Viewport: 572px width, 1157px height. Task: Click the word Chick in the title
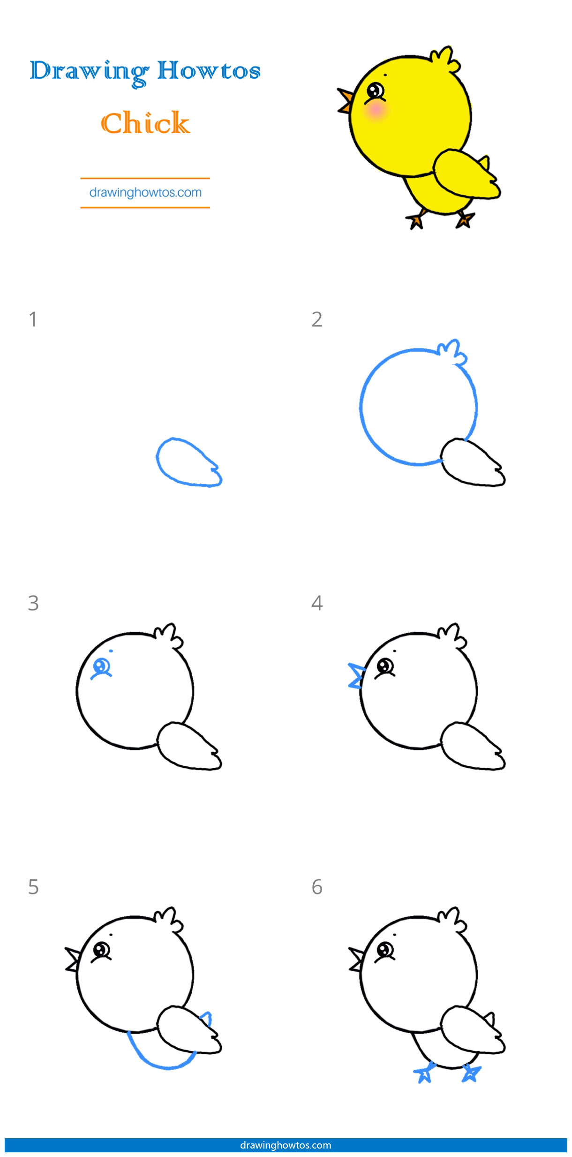coord(145,123)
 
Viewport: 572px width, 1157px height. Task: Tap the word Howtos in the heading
coord(209,71)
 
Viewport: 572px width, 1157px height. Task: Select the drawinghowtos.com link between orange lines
coord(145,192)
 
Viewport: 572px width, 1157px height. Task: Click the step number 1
coord(33,319)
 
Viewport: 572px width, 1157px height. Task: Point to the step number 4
coord(317,603)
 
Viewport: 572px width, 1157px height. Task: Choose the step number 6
coord(317,887)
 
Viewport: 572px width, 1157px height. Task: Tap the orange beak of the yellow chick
coord(346,100)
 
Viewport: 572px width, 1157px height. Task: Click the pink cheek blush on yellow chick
coord(376,111)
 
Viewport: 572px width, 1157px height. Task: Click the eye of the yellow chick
coord(375,90)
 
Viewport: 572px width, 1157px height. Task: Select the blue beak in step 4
coord(356,676)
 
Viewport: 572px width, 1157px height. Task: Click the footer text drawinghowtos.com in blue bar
coord(286,1145)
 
